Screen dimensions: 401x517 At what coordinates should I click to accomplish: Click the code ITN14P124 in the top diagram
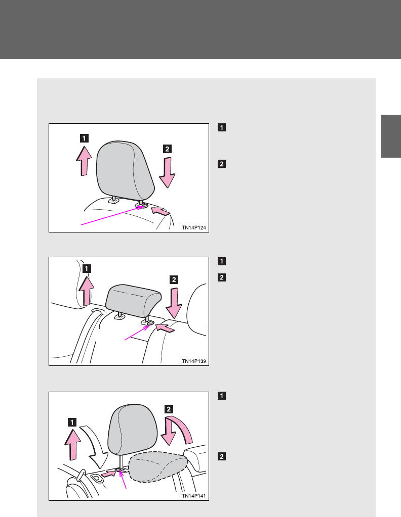pyautogui.click(x=193, y=227)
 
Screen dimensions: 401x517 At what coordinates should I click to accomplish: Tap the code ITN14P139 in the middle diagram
pyautogui.click(x=193, y=361)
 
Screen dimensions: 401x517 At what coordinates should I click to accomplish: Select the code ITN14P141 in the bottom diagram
pyautogui.click(x=193, y=496)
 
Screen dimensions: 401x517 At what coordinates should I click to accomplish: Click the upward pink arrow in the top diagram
pyautogui.click(x=84, y=161)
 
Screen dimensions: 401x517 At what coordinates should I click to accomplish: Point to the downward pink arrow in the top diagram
pyautogui.click(x=167, y=172)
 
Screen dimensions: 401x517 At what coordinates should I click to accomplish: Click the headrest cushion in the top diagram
pyautogui.click(x=125, y=170)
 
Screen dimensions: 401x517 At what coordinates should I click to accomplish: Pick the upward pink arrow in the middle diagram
pyautogui.click(x=86, y=291)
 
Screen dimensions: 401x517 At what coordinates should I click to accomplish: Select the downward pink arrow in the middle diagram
pyautogui.click(x=174, y=303)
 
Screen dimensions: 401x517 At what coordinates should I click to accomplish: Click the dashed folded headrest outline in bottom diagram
pyautogui.click(x=158, y=467)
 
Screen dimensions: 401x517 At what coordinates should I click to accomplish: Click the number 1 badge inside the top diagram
pyautogui.click(x=84, y=138)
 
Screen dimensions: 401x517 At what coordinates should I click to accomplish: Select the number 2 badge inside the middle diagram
pyautogui.click(x=174, y=279)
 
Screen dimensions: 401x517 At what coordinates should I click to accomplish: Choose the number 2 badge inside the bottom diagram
pyautogui.click(x=169, y=409)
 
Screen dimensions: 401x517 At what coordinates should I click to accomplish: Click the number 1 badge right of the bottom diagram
pyautogui.click(x=222, y=396)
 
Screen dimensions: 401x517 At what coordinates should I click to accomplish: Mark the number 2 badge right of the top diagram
pyautogui.click(x=222, y=164)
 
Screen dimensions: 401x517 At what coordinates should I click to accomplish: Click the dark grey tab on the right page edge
pyautogui.click(x=391, y=136)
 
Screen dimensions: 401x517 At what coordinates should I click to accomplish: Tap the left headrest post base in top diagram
pyautogui.click(x=114, y=201)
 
